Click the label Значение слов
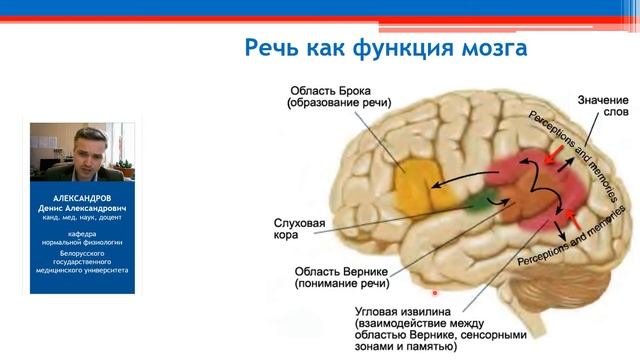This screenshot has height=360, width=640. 603,107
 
